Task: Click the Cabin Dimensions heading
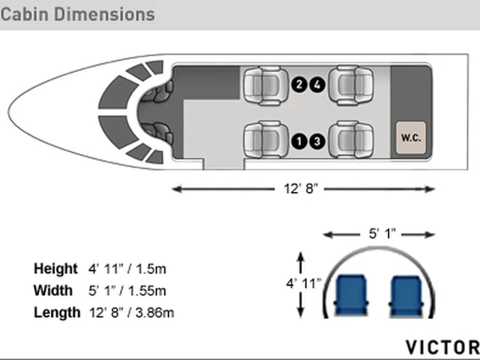78,15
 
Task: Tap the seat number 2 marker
299,85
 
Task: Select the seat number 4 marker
317,85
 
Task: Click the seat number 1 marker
299,141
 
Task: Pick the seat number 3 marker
317,141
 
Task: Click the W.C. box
411,138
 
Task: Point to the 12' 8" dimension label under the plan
301,188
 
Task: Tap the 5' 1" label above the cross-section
382,233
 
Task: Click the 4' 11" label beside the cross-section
304,283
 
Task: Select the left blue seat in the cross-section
351,295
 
